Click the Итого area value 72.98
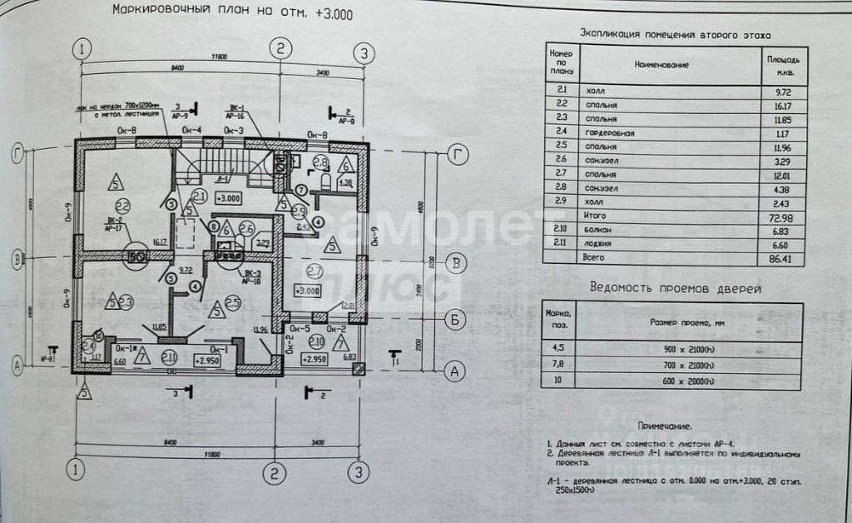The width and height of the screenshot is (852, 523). point(782,215)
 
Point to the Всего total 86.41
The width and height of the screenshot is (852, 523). point(782,258)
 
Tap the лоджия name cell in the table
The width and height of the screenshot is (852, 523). point(601,243)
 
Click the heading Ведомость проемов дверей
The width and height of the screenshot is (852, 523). point(675,288)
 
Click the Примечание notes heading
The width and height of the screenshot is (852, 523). point(666,425)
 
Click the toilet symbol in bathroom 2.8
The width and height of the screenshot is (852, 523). point(325,177)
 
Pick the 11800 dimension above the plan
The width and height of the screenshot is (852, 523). point(219,57)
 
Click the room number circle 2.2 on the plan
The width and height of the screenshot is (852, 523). point(122,206)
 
